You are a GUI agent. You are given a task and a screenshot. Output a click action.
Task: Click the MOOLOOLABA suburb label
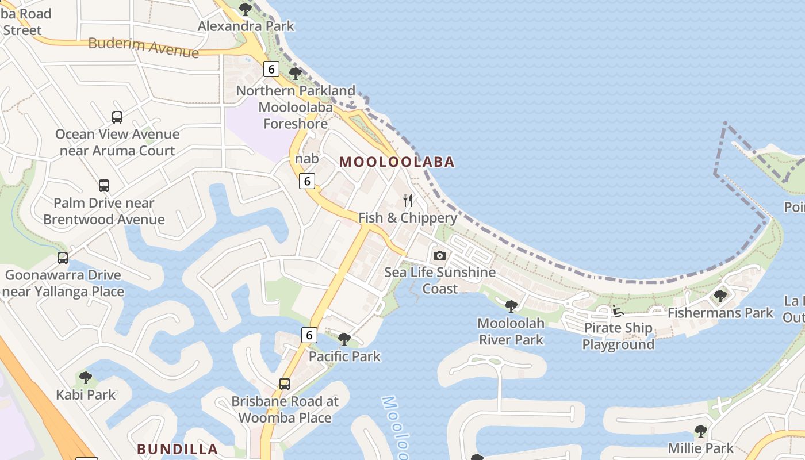[x=397, y=162]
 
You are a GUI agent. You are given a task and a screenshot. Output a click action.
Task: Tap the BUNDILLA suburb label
[x=177, y=449]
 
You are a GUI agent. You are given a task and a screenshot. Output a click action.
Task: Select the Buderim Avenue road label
[x=144, y=47]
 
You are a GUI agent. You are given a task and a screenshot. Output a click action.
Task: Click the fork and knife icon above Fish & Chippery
[x=408, y=201]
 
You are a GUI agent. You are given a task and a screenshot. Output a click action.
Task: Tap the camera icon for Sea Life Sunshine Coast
[x=440, y=255]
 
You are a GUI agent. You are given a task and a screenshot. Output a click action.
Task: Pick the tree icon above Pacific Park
[x=344, y=339]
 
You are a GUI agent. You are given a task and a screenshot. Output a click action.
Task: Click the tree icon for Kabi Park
[x=86, y=378]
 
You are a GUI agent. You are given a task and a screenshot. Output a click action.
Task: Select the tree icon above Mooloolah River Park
[x=511, y=306]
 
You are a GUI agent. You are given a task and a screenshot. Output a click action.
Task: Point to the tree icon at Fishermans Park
[x=720, y=296]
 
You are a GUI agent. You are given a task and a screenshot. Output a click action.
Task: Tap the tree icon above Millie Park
[x=700, y=431]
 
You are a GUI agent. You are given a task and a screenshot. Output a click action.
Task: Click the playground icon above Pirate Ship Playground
[x=618, y=311]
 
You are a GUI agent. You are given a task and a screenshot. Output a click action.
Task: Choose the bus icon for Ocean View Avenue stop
[x=117, y=117]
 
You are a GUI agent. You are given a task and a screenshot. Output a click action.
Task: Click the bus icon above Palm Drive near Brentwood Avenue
[x=104, y=186]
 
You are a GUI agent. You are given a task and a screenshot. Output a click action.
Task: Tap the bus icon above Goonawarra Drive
[x=63, y=258]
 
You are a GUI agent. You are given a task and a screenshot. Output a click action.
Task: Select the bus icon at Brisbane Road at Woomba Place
[x=285, y=384]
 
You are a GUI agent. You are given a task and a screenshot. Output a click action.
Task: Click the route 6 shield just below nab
[x=307, y=181]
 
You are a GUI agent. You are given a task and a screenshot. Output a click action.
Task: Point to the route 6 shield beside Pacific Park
[x=309, y=335]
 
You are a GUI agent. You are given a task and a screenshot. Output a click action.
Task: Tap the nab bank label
[x=306, y=158]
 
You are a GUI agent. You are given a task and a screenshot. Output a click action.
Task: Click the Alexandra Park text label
[x=246, y=26]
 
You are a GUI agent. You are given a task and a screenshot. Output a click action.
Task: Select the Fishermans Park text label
[x=720, y=313]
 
